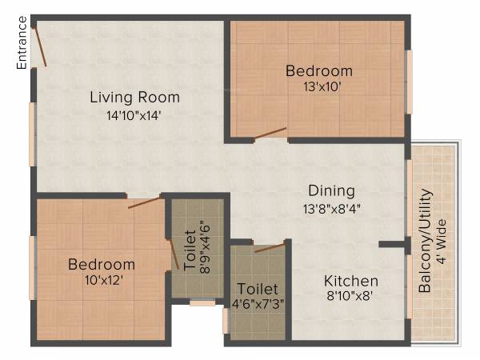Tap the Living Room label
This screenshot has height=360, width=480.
point(134,98)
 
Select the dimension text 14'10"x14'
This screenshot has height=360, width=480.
point(134,114)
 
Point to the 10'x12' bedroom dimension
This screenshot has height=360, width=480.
point(101,279)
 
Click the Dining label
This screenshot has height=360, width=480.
point(332,190)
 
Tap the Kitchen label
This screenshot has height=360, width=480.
point(350,281)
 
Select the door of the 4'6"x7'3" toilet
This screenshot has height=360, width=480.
point(270,247)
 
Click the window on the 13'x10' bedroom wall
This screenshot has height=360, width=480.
point(409,82)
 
